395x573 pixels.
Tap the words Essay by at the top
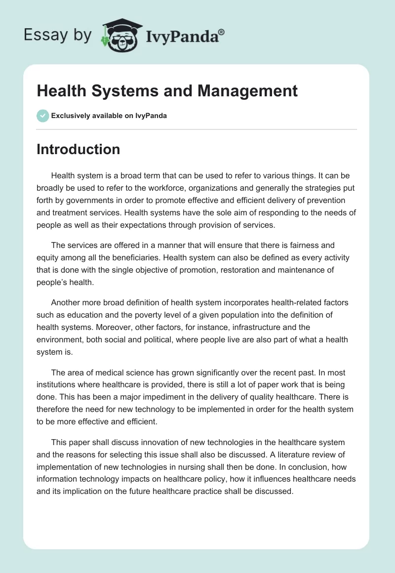[58, 35]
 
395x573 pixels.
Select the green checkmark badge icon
[42, 116]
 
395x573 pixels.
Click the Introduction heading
[78, 149]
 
